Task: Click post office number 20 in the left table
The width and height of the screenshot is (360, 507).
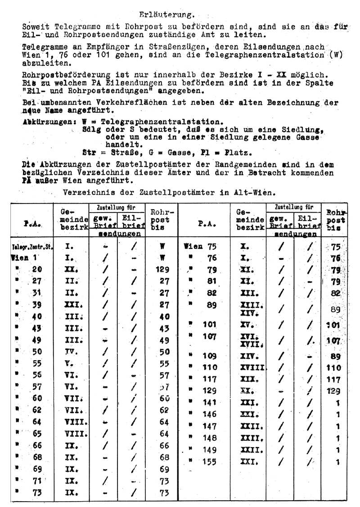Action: [x=36, y=270]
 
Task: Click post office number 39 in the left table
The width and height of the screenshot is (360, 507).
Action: [x=36, y=304]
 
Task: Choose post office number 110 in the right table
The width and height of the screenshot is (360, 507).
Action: [x=210, y=367]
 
